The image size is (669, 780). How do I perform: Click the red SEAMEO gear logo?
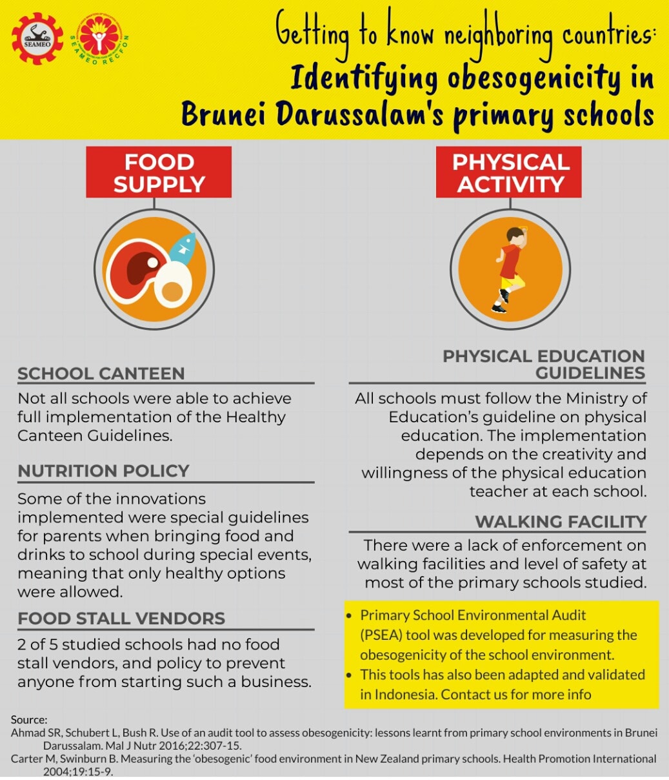pos(37,38)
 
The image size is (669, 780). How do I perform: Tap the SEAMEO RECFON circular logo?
pos(100,38)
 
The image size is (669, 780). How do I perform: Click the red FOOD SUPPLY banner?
pos(159,172)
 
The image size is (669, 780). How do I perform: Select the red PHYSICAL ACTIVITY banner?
pos(509,172)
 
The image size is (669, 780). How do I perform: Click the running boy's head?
pos(515,236)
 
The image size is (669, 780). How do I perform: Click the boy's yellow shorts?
pos(512,282)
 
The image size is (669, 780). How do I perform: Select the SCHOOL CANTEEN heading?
pos(101,373)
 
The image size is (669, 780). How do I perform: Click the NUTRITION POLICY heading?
pos(103,471)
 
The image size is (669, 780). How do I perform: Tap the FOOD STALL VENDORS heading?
pos(121,619)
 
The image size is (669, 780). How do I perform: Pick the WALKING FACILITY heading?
pos(561,522)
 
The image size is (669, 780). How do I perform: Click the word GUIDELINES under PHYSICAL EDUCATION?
pos(590,373)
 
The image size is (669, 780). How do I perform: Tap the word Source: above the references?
pos(29,719)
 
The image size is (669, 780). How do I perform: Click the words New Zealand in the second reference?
pos(346,759)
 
